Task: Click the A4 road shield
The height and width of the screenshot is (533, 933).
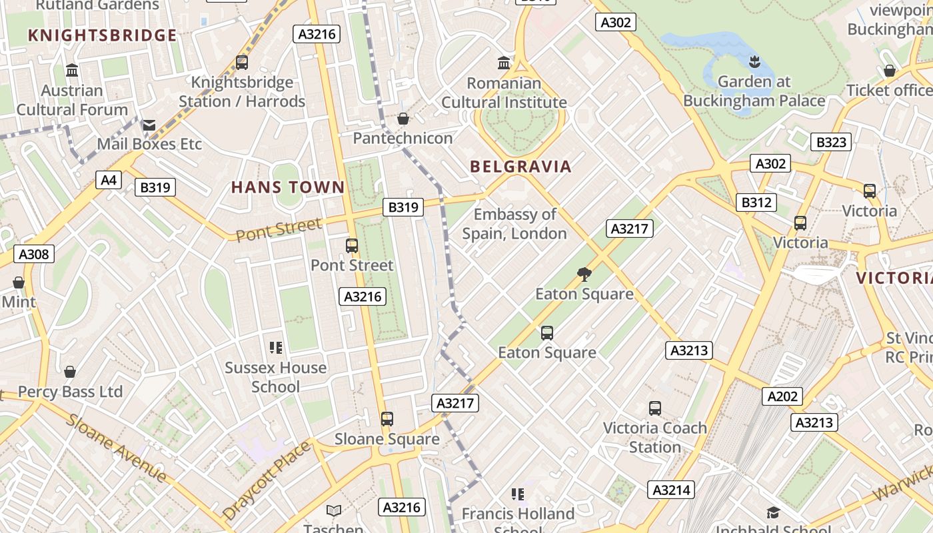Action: click(x=109, y=180)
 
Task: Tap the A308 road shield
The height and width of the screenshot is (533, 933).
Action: click(x=33, y=254)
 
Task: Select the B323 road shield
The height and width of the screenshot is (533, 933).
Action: click(x=831, y=142)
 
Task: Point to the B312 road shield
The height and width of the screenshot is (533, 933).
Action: click(x=756, y=203)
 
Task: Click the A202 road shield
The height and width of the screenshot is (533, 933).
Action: click(x=782, y=396)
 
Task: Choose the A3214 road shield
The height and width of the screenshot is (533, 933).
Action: click(x=671, y=490)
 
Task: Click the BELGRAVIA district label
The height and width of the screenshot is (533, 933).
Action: click(x=520, y=167)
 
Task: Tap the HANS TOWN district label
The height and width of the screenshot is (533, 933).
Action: click(x=288, y=188)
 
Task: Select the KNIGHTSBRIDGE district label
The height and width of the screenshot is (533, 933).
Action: click(x=103, y=35)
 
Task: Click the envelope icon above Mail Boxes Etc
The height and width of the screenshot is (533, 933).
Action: click(x=149, y=125)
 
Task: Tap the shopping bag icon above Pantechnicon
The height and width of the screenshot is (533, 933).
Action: click(x=403, y=119)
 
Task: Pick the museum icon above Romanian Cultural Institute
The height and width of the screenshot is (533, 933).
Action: click(x=504, y=63)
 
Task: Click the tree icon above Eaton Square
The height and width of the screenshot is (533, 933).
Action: click(x=584, y=274)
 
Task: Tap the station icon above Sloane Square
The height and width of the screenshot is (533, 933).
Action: click(x=387, y=419)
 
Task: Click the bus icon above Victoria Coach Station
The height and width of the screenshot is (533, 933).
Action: click(x=655, y=408)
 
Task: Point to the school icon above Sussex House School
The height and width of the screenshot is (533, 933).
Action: click(x=275, y=348)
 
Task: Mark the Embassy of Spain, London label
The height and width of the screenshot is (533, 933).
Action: click(x=514, y=224)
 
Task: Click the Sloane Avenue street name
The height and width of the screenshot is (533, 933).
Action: click(x=117, y=448)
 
